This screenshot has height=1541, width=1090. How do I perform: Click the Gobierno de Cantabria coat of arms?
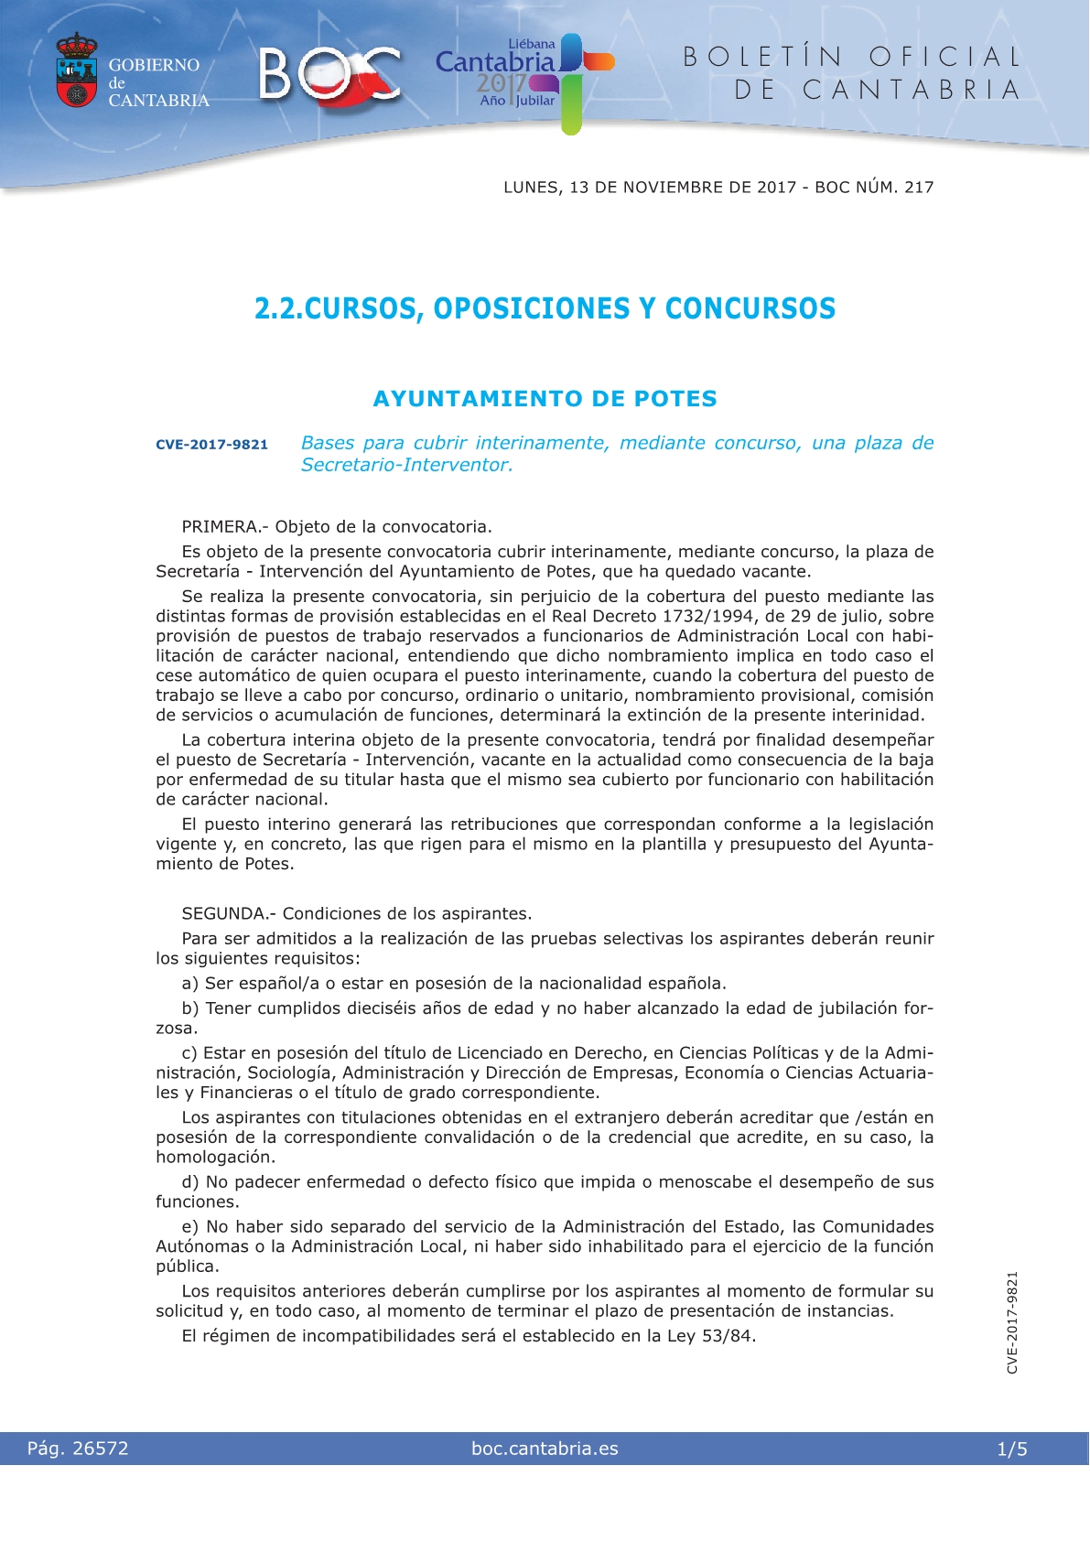click(x=77, y=71)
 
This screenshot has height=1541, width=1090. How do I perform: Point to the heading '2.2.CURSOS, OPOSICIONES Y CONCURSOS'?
click(x=545, y=308)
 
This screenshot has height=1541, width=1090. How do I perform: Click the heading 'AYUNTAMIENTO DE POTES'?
click(x=545, y=399)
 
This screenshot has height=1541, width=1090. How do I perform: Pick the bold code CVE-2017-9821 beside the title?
click(x=211, y=445)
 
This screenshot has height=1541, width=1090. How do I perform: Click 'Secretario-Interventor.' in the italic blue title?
click(x=406, y=465)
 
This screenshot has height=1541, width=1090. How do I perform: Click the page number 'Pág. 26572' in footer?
click(x=78, y=1449)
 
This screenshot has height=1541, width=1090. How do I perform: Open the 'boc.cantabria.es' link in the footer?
click(x=545, y=1449)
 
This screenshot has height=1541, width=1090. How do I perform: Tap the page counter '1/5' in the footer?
click(x=1012, y=1449)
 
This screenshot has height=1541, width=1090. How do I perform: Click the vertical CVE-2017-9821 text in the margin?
click(x=1012, y=1322)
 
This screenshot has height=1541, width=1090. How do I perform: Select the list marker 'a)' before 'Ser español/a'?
click(x=190, y=984)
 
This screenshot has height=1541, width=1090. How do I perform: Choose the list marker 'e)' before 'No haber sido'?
click(x=190, y=1227)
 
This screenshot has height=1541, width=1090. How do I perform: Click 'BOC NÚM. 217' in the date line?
click(x=874, y=188)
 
